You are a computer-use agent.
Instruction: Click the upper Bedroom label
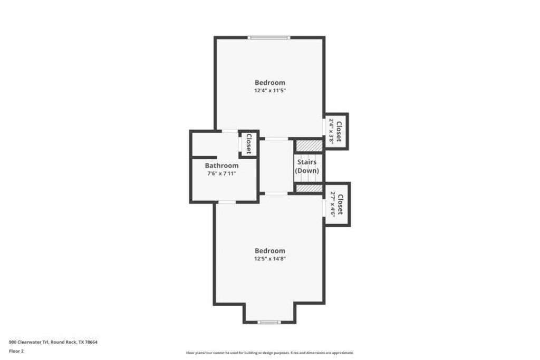270,83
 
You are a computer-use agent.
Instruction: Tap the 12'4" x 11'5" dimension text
271,91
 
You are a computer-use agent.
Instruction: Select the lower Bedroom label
270,251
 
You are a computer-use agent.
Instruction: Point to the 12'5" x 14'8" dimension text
271,259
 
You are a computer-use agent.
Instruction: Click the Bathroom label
222,166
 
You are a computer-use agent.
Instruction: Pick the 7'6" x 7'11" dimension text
222,173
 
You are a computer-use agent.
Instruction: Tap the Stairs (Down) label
307,166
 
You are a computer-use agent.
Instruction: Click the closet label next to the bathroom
249,144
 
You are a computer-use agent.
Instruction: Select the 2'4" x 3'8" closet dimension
331,131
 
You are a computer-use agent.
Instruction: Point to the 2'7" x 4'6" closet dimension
333,204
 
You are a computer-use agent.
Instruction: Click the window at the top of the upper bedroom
269,37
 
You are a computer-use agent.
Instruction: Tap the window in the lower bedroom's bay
269,323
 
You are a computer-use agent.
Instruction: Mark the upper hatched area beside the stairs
309,145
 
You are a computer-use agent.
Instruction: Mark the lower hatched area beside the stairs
309,188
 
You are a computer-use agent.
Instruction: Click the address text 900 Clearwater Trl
30,342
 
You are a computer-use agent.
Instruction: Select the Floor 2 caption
16,351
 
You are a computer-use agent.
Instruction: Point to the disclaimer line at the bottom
270,353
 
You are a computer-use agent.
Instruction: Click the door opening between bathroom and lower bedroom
227,202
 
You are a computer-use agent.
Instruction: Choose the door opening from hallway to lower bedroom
276,193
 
